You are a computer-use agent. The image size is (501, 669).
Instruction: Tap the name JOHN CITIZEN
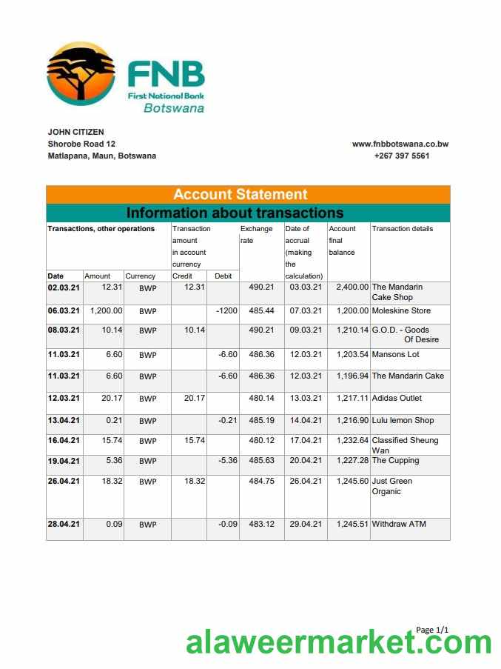[x=76, y=132]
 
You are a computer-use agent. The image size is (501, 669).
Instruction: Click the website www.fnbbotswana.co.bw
[x=400, y=144]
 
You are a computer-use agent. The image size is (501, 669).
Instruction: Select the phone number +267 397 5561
[x=401, y=156]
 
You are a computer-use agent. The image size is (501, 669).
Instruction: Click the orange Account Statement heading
[x=241, y=195]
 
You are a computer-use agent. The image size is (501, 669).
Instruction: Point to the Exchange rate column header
[x=257, y=234]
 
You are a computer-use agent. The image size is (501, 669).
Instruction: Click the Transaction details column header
[x=403, y=229]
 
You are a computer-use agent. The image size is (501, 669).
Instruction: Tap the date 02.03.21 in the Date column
[x=64, y=287]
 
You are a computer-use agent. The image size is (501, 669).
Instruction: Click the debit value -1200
[x=226, y=310]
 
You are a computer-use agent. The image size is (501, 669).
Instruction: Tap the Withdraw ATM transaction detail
[x=399, y=524]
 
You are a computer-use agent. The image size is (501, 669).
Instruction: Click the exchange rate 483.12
[x=261, y=524]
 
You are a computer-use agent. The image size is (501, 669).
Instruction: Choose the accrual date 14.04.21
[x=304, y=420]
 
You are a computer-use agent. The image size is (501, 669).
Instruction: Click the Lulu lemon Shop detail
[x=403, y=420]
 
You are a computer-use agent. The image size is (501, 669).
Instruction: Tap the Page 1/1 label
[x=432, y=630]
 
